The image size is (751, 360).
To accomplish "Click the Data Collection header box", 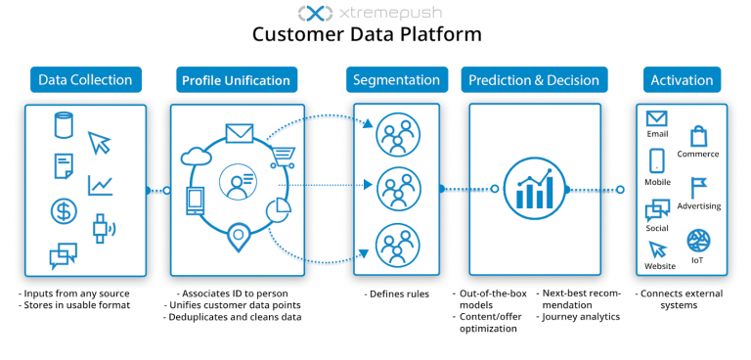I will pyautogui.click(x=85, y=79).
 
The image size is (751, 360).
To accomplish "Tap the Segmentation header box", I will pyautogui.click(x=397, y=79).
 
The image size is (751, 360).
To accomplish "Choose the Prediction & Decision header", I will pyautogui.click(x=534, y=79).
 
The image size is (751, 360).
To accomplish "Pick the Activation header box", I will pyautogui.click(x=683, y=79).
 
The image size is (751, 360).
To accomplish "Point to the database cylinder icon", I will pyautogui.click(x=64, y=126).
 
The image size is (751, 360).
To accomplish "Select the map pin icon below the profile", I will pyautogui.click(x=236, y=236).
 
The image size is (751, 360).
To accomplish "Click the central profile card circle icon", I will pyautogui.click(x=238, y=183).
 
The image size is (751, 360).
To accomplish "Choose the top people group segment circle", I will pyautogui.click(x=398, y=133).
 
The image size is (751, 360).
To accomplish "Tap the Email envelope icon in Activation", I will pyautogui.click(x=656, y=119).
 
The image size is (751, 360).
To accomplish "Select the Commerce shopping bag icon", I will pyautogui.click(x=698, y=136).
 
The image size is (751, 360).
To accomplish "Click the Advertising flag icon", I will pyautogui.click(x=698, y=188).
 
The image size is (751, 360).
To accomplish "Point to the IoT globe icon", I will pyautogui.click(x=698, y=241).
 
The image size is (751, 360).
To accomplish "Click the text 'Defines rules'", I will pyautogui.click(x=397, y=293).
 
